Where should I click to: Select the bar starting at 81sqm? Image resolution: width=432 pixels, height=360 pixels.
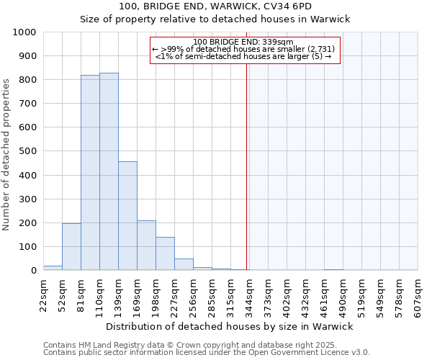(90, 173)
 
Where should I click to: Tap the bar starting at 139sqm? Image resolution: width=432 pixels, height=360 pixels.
(127, 216)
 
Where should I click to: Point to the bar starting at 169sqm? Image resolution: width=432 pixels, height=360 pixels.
(146, 246)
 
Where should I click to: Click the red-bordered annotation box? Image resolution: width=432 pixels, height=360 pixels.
(243, 50)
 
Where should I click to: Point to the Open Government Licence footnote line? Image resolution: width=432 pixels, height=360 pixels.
(206, 353)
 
